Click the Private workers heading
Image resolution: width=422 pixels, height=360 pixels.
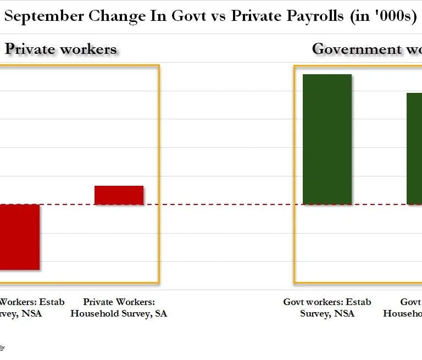(x=61, y=49)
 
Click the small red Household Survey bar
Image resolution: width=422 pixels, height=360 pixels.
(x=119, y=195)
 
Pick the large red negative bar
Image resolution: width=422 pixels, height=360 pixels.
(x=19, y=237)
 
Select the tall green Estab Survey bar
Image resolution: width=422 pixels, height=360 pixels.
(x=327, y=139)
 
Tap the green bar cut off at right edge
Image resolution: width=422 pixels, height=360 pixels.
(x=414, y=148)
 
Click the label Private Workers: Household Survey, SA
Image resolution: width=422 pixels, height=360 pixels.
(x=119, y=308)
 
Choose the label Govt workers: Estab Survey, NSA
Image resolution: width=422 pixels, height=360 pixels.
(x=327, y=308)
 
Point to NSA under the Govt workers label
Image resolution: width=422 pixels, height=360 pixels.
(x=343, y=313)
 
